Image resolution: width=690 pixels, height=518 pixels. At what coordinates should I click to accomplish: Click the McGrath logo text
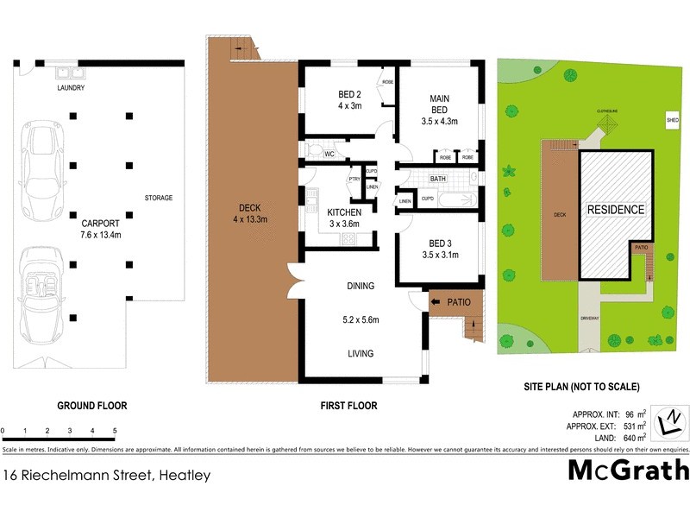tap(629, 470)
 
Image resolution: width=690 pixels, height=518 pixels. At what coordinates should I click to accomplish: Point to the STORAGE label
tap(158, 198)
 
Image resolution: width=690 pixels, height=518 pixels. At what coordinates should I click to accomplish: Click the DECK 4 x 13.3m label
tap(251, 213)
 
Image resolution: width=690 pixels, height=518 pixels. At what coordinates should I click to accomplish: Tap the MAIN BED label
tap(440, 110)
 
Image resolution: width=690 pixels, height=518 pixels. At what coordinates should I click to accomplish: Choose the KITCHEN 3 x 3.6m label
tap(344, 218)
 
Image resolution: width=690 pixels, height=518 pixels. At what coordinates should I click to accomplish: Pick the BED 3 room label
tap(440, 248)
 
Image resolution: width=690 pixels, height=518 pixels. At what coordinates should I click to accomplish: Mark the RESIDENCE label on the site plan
tap(616, 210)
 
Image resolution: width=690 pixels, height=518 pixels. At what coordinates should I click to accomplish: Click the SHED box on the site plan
tap(672, 120)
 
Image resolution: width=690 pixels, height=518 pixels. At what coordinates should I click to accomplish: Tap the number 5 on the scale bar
tap(114, 429)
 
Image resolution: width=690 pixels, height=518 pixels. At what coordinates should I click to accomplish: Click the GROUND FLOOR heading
tap(91, 405)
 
